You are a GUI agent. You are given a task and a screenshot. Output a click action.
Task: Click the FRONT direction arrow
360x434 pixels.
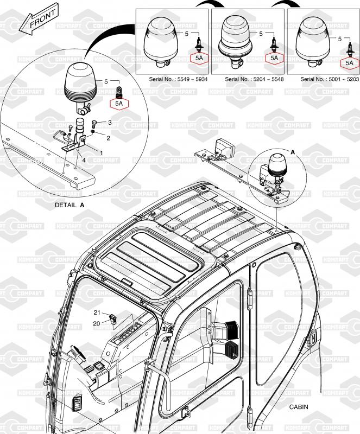42,20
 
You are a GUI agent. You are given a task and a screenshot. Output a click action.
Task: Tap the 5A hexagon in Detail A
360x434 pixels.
119,104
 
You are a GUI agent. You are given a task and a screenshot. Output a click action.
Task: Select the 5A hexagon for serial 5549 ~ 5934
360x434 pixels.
199,58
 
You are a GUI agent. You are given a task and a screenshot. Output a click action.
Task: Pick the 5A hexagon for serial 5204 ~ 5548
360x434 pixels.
274,58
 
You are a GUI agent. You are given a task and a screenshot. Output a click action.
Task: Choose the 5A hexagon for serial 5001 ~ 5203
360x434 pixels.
350,63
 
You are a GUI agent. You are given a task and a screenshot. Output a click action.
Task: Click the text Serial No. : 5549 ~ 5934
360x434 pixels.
178,79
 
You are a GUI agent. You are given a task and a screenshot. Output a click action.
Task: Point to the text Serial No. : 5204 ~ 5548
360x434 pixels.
254,79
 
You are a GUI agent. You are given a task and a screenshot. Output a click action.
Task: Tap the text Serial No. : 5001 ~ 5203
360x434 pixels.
330,79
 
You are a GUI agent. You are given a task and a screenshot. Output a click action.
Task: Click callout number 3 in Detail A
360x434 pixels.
110,123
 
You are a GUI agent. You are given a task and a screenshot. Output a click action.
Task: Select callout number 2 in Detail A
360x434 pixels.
109,138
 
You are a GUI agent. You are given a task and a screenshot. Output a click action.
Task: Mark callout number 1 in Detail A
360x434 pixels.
101,153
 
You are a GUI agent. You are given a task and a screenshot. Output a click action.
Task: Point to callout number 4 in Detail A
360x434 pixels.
84,160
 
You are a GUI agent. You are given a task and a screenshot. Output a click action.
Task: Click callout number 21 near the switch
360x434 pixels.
97,312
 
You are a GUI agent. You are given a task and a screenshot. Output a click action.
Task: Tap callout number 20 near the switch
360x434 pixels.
97,323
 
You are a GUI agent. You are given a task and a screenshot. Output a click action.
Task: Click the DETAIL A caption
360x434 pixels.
70,205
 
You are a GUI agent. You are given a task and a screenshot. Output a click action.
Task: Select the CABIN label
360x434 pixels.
299,407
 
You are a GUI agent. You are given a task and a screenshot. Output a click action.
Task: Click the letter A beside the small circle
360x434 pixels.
293,152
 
